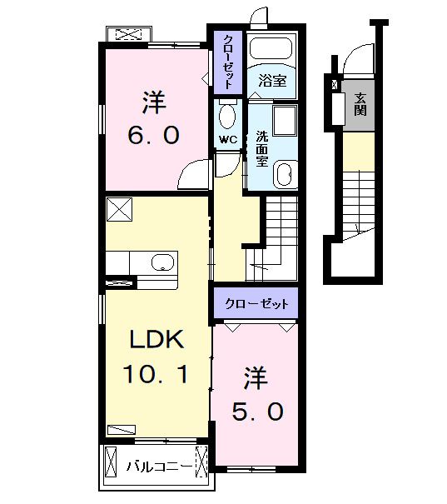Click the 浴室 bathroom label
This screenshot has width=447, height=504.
[x=272, y=81]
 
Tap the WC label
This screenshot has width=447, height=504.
[x=227, y=139]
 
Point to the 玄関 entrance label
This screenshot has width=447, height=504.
[x=360, y=103]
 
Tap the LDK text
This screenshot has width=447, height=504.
[x=155, y=339]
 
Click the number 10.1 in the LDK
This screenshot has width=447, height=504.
[x=156, y=374]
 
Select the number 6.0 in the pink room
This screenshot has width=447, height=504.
[x=153, y=136]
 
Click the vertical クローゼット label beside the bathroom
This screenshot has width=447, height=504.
[x=226, y=61]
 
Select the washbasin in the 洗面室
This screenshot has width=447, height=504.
[x=283, y=175]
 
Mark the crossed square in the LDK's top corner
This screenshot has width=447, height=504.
[x=118, y=209]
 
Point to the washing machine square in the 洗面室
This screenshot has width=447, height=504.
[x=286, y=121]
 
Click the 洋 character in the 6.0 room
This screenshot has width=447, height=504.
[x=153, y=102]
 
